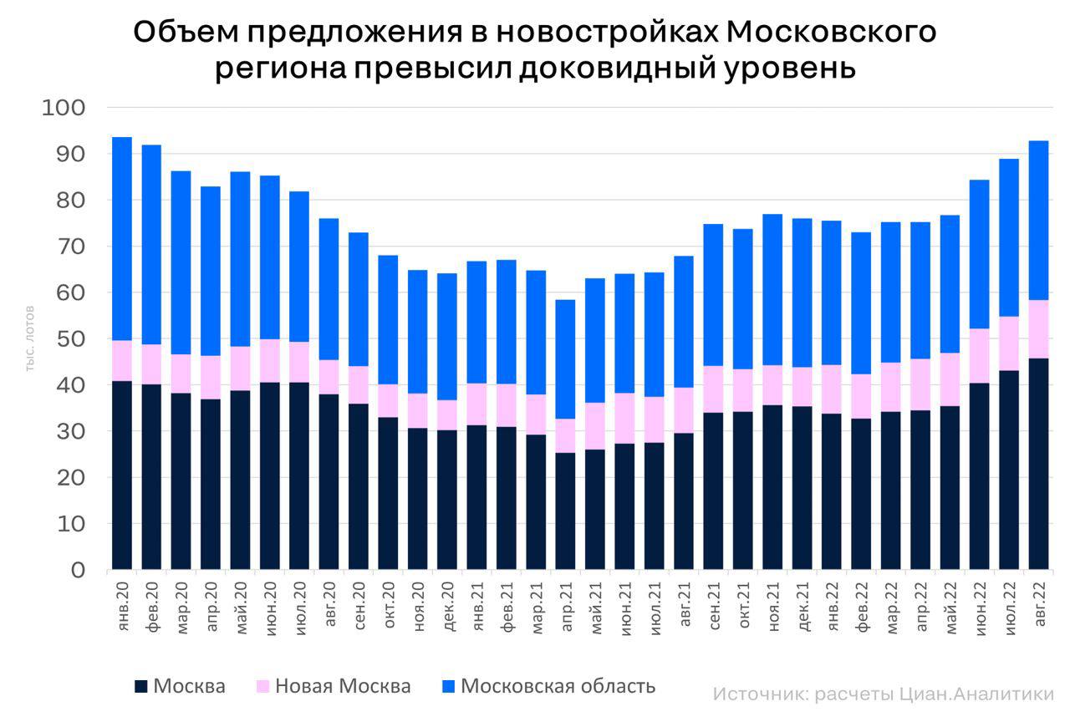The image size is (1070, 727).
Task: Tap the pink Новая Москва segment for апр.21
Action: pyautogui.click(x=565, y=435)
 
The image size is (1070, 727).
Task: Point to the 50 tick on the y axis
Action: pyautogui.click(x=72, y=339)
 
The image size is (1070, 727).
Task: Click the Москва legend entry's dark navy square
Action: pyautogui.click(x=141, y=687)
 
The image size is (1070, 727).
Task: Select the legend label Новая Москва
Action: pyautogui.click(x=343, y=687)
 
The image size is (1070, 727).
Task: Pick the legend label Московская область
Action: pyautogui.click(x=558, y=687)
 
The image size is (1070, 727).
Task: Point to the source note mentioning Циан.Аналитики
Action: pyautogui.click(x=884, y=694)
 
